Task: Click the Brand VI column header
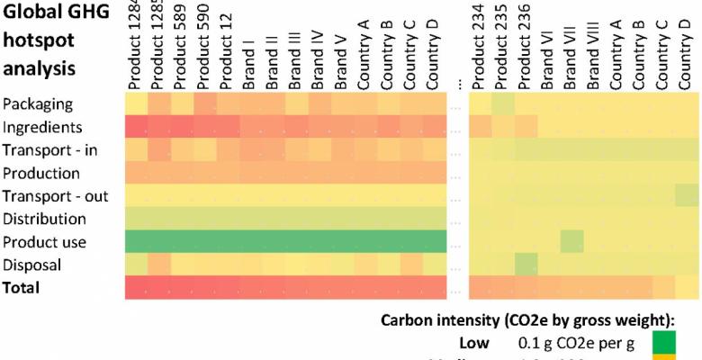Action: [x=547, y=58]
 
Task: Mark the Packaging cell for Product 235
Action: [x=503, y=103]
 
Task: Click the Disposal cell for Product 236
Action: [x=526, y=265]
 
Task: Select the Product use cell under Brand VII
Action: [x=571, y=241]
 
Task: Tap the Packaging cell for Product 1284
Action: [x=136, y=103]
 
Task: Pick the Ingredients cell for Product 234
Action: [x=481, y=127]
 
